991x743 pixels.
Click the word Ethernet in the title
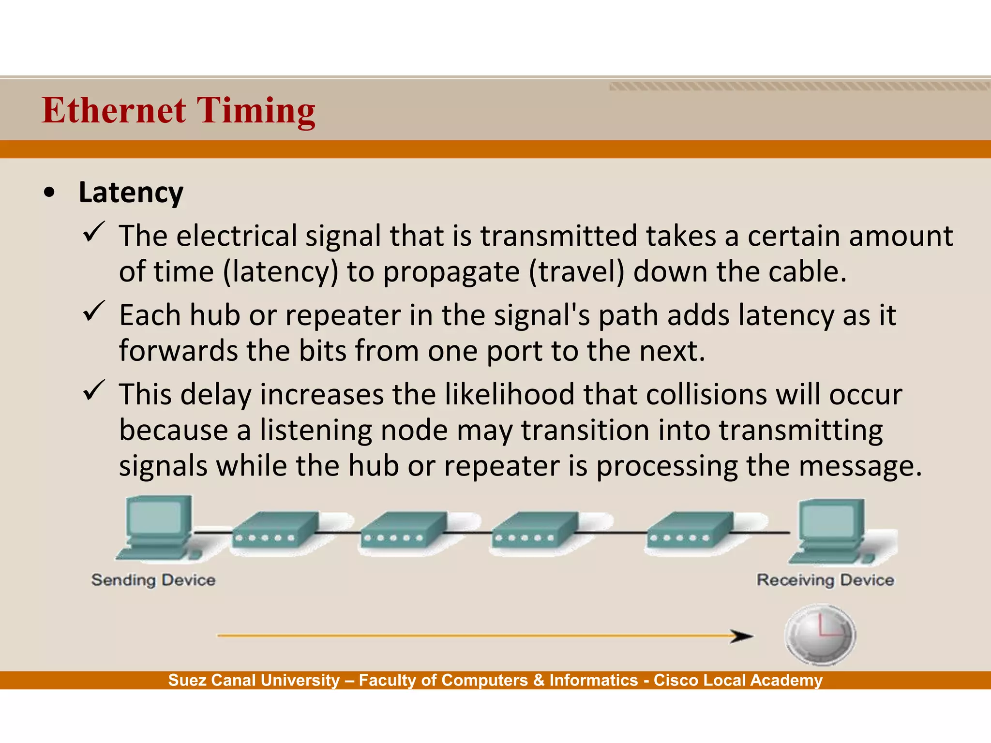[114, 110]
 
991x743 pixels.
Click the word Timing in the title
[256, 111]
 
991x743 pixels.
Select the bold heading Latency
[131, 193]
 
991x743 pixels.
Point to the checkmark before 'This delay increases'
[94, 390]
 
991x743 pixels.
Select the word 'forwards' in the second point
[178, 351]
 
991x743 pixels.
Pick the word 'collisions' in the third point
[706, 394]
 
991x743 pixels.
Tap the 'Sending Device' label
[153, 580]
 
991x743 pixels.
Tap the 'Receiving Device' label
[825, 580]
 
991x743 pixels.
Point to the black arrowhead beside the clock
[741, 636]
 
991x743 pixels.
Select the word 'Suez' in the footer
[188, 680]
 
